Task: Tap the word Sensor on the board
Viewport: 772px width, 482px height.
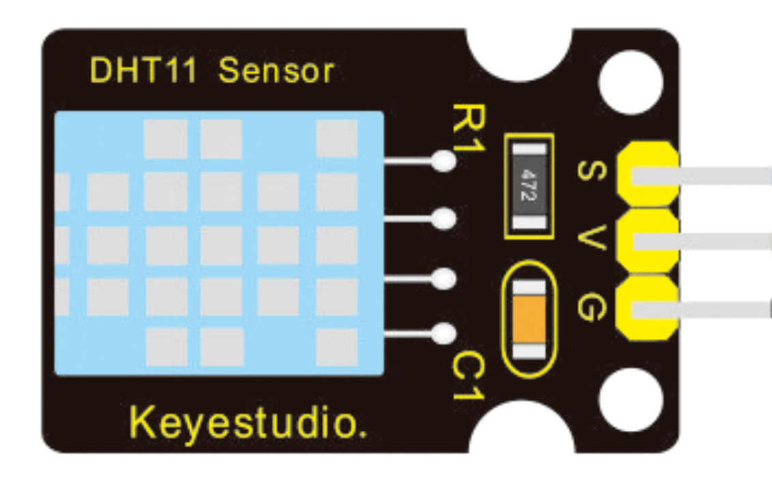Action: point(276,70)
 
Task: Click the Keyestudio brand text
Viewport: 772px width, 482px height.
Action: point(248,423)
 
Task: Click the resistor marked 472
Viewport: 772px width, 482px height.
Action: point(528,185)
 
